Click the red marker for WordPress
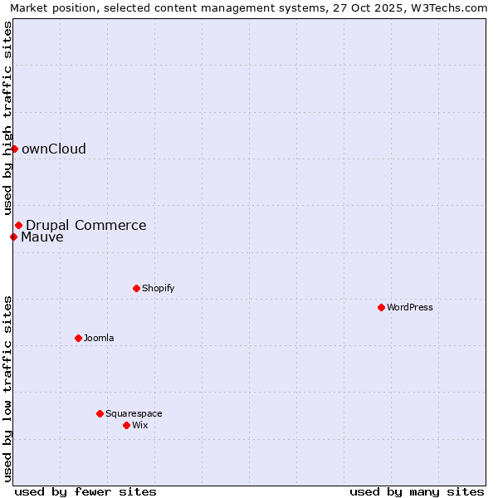(381, 307)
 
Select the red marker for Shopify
(136, 288)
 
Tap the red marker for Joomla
(78, 338)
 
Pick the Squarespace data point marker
(100, 413)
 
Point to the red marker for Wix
(126, 425)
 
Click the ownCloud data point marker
(14, 149)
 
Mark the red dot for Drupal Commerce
(18, 225)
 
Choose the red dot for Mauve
(13, 237)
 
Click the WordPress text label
(410, 307)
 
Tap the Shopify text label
(158, 288)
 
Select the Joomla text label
(99, 338)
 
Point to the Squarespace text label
(134, 413)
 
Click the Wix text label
(139, 425)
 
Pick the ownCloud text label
(54, 149)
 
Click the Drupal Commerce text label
(86, 225)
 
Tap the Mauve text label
(42, 237)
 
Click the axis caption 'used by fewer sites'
(85, 491)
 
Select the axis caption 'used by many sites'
(417, 491)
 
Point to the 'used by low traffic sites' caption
(8, 388)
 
